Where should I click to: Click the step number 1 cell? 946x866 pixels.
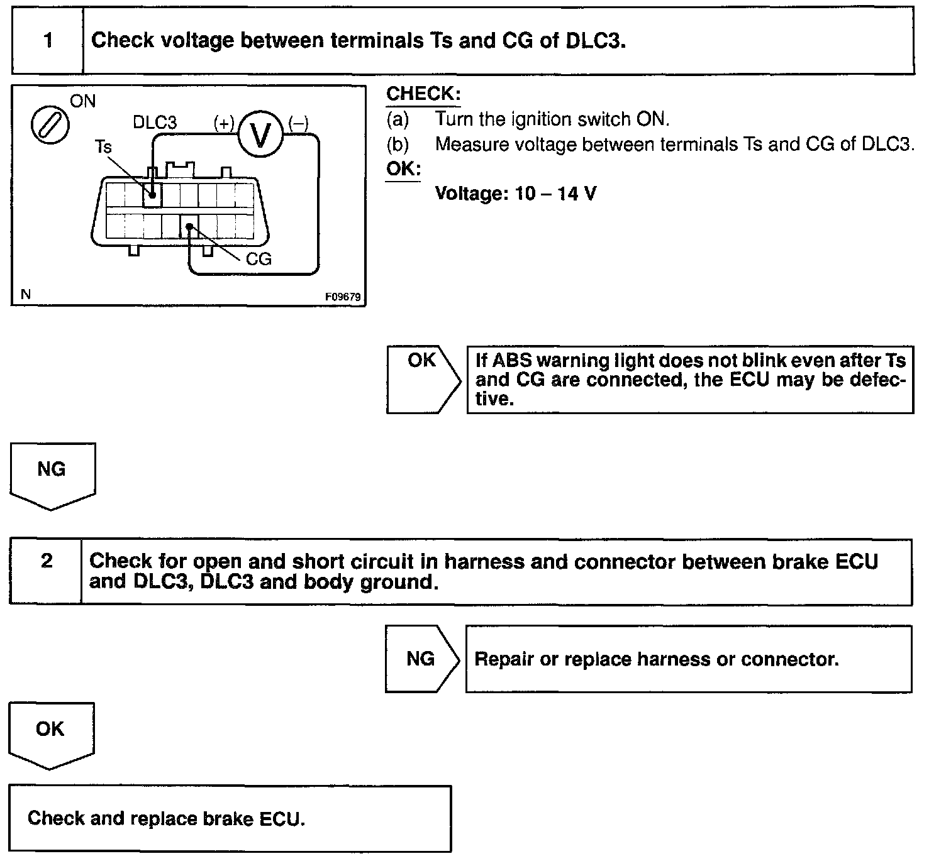[x=48, y=41]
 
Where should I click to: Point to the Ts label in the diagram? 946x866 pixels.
[x=103, y=147]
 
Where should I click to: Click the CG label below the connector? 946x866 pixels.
[x=258, y=259]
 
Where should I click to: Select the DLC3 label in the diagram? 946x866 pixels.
[x=155, y=123]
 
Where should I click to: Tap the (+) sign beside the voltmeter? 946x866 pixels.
[x=224, y=123]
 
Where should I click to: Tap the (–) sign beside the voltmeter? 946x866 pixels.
[x=298, y=123]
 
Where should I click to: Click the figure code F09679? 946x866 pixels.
[x=343, y=297]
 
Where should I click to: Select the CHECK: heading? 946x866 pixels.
[x=423, y=94]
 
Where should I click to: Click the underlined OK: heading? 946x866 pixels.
[x=403, y=169]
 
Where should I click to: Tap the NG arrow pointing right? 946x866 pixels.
[x=421, y=659]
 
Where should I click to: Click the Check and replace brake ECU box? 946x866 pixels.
[x=230, y=818]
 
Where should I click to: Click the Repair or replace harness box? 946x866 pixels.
[x=688, y=659]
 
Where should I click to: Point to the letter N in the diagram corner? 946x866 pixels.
[x=26, y=294]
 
